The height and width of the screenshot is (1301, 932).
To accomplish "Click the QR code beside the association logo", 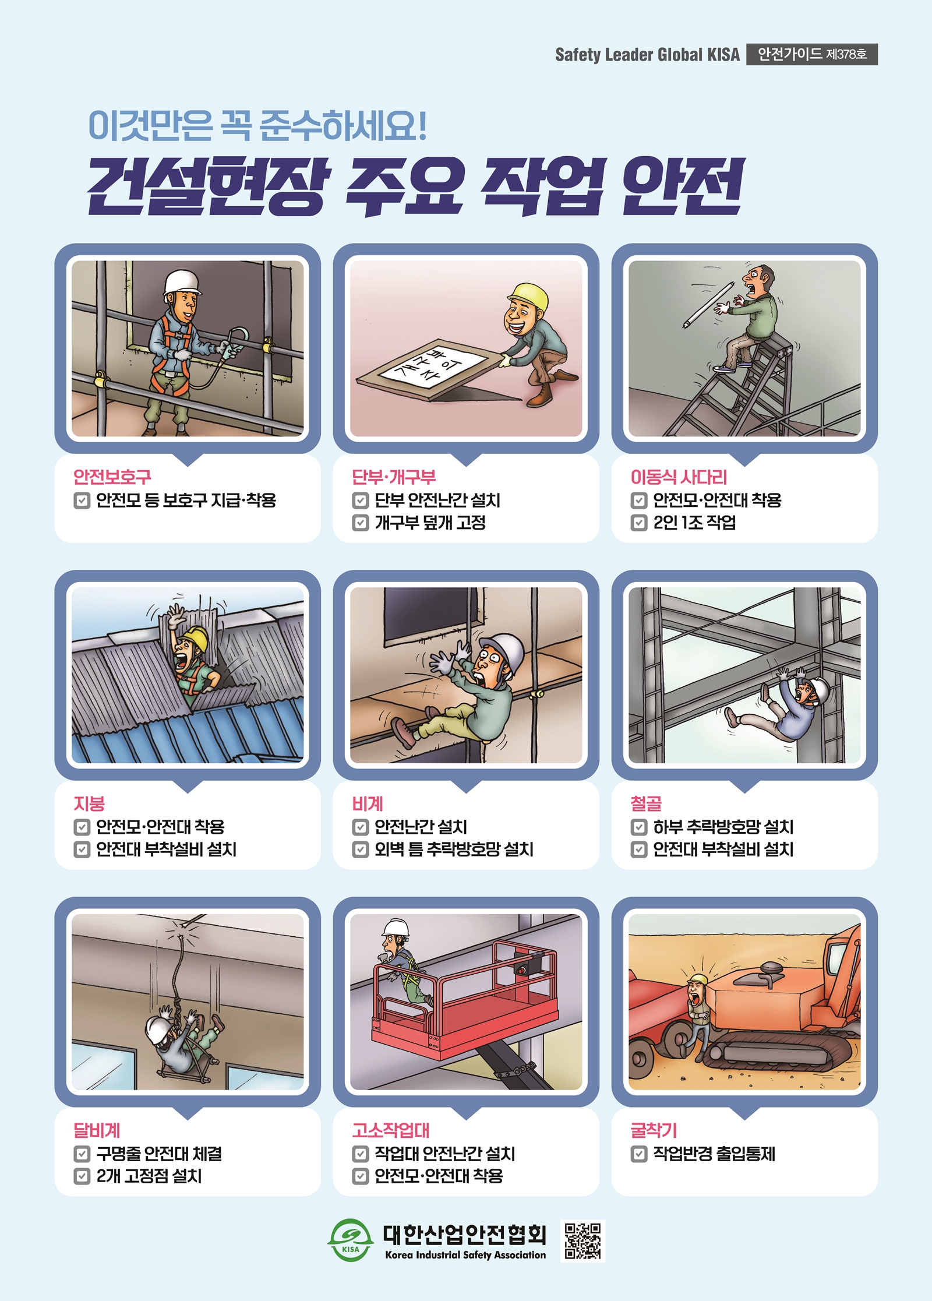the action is pyautogui.click(x=582, y=1240).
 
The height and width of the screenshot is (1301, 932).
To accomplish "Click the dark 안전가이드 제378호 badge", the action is pyautogui.click(x=812, y=54).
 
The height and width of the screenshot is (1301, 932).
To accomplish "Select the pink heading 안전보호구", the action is pyautogui.click(x=112, y=477).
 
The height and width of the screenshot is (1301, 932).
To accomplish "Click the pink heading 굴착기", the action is pyautogui.click(x=654, y=1130).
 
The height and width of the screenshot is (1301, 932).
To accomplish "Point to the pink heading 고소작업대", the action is pyautogui.click(x=390, y=1130).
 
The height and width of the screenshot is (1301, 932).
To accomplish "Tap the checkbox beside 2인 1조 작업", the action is pyautogui.click(x=639, y=523).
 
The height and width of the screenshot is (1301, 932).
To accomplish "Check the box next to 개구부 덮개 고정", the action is pyautogui.click(x=361, y=523).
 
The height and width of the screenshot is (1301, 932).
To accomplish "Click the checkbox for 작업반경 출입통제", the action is pyautogui.click(x=639, y=1154).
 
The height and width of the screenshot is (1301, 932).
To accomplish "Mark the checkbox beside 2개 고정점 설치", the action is pyautogui.click(x=82, y=1176).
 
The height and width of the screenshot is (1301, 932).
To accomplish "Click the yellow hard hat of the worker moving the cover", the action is pyautogui.click(x=528, y=297).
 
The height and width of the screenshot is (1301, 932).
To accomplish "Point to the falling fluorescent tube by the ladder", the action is pyautogui.click(x=708, y=304).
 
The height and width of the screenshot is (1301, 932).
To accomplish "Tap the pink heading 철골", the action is pyautogui.click(x=646, y=804).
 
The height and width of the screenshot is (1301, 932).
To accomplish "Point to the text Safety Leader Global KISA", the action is pyautogui.click(x=647, y=55).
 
